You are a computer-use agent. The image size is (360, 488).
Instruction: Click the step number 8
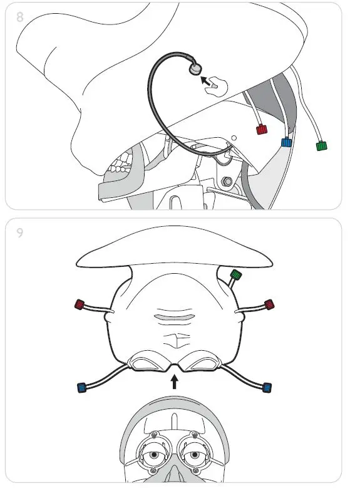click(20, 17)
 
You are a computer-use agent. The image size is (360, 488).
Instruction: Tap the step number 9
click(20, 233)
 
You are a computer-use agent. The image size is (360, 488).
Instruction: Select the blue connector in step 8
click(287, 142)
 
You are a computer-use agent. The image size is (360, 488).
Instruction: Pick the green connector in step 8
click(322, 146)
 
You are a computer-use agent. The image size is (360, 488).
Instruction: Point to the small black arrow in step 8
click(204, 79)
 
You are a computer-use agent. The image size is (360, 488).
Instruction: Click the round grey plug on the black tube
click(196, 68)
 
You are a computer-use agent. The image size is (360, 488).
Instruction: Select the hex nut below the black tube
click(229, 182)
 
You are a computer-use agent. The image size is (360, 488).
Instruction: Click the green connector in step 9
click(236, 274)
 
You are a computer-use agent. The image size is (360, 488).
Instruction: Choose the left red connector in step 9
click(80, 305)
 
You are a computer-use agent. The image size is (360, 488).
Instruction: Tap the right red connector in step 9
click(269, 304)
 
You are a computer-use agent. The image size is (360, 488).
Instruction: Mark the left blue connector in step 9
click(81, 387)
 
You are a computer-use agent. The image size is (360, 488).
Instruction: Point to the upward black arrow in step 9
click(175, 381)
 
